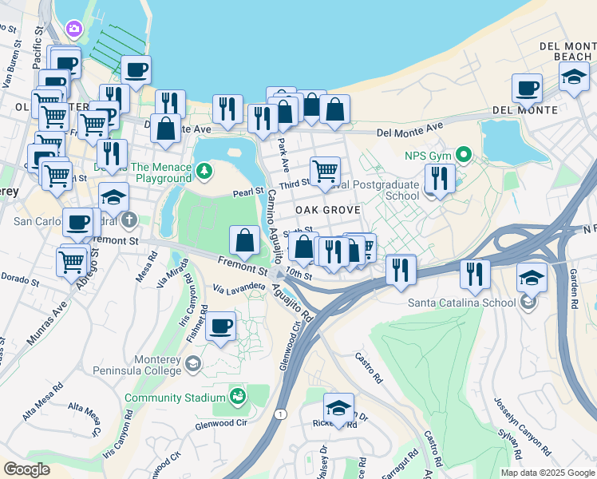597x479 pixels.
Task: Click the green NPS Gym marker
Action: tap(462, 155)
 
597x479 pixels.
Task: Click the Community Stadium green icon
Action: tap(237, 396)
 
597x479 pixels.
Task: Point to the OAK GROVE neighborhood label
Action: tap(328, 209)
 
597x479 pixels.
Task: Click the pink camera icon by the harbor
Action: tap(74, 29)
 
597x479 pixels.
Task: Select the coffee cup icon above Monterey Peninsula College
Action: tap(220, 327)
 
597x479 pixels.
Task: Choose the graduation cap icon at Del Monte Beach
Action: tap(573, 77)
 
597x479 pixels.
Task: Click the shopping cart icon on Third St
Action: tap(325, 170)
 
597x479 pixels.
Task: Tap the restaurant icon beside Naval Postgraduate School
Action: tap(439, 177)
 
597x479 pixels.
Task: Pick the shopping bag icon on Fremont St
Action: tap(244, 239)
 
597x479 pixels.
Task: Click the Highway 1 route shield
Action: tap(280, 414)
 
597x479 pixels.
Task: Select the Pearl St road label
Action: tap(247, 192)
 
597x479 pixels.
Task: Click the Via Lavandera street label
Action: tap(239, 286)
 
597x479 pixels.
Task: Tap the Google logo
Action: tap(26, 469)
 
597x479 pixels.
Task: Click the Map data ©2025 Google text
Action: tap(546, 473)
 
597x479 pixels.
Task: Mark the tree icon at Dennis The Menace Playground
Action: tap(205, 168)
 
